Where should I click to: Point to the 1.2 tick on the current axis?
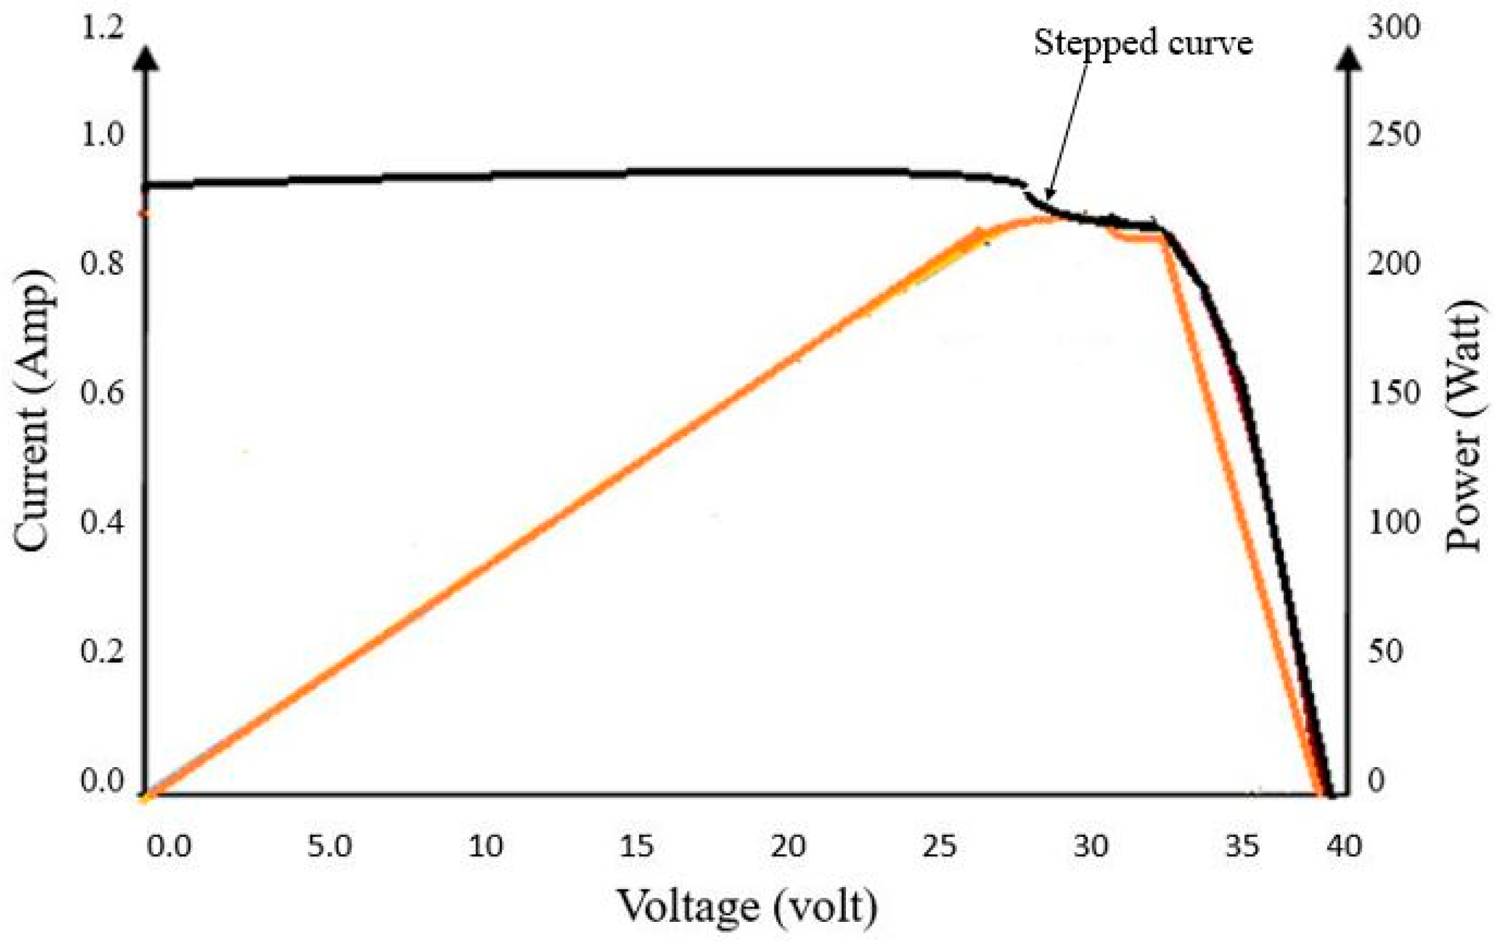tap(103, 28)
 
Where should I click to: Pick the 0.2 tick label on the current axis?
tap(102, 652)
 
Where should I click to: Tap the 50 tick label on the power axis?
tap(1385, 652)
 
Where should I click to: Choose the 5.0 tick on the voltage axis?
tap(330, 846)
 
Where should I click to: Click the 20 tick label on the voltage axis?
tap(789, 846)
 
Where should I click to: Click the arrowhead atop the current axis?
tap(146, 56)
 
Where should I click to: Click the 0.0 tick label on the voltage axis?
tap(169, 846)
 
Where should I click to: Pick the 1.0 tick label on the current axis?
tap(102, 134)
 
